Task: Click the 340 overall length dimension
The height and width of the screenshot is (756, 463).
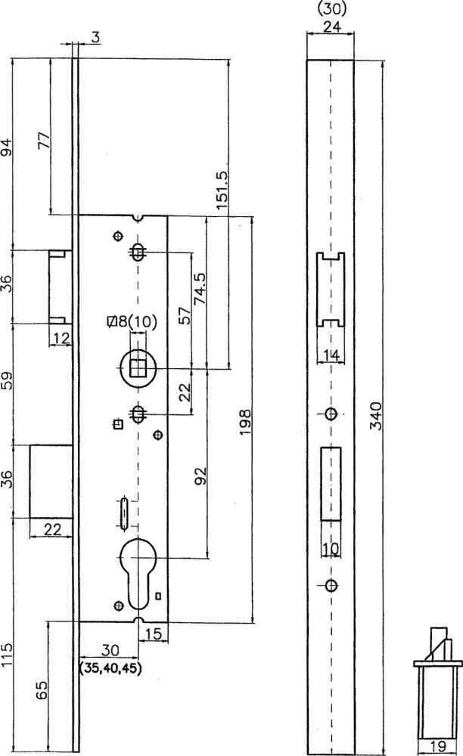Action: (x=374, y=416)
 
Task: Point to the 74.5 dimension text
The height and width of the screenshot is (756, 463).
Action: (x=199, y=288)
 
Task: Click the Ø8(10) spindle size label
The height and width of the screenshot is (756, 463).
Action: (x=132, y=321)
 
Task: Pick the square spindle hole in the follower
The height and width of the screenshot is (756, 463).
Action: (x=138, y=369)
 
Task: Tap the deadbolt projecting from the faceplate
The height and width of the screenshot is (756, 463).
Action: (x=51, y=482)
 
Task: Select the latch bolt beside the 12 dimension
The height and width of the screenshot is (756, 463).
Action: (x=61, y=287)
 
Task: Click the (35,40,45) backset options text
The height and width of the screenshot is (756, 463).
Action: (x=110, y=669)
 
